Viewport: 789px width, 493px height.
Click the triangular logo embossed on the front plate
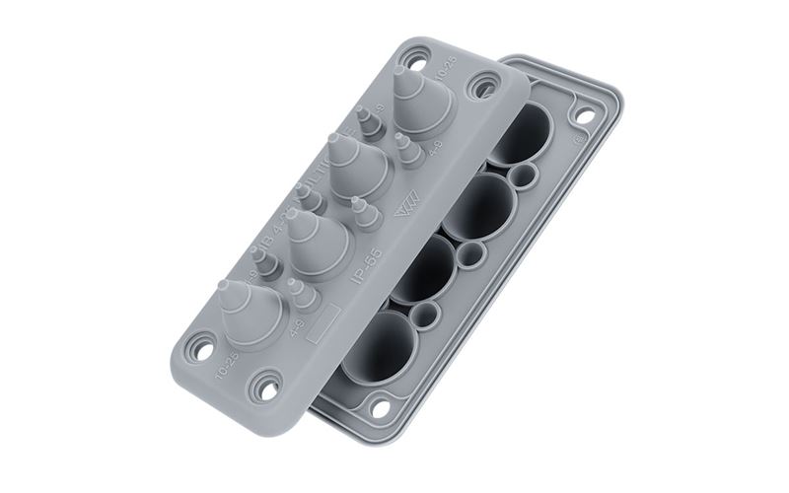(x=405, y=211)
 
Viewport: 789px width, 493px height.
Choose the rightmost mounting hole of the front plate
(x=483, y=85)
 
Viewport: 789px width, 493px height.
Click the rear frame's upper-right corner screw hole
(x=584, y=116)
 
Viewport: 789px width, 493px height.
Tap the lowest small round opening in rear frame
(x=426, y=316)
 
